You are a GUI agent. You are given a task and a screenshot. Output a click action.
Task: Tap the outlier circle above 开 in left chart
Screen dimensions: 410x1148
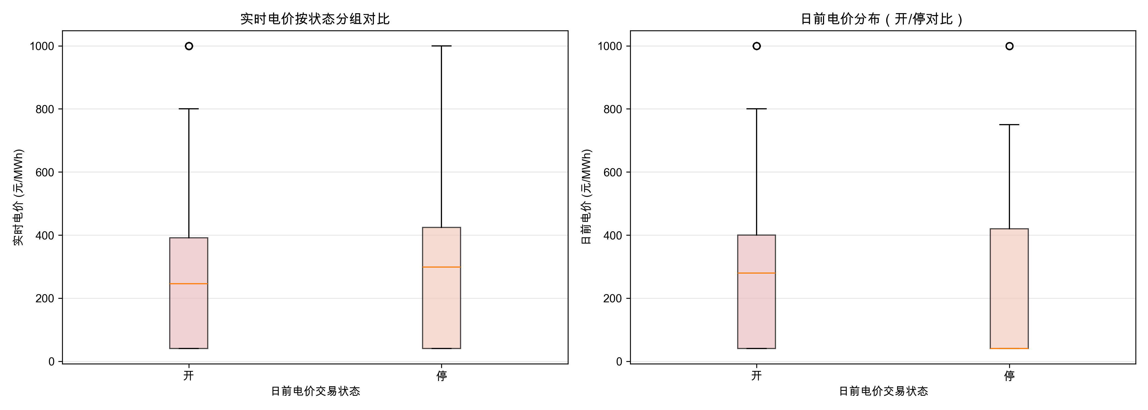(189, 46)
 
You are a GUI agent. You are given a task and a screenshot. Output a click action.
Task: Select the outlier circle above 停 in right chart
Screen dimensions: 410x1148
(1009, 46)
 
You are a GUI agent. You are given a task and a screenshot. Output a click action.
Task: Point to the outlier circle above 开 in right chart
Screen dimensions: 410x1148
(756, 46)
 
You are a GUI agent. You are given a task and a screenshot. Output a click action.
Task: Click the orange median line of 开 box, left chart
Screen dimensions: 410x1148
(189, 283)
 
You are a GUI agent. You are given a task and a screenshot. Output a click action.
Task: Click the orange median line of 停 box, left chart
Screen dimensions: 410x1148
(441, 267)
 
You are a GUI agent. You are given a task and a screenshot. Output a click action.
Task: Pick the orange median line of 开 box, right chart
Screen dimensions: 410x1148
(756, 273)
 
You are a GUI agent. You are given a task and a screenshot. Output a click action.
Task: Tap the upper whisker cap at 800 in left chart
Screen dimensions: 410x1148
(189, 109)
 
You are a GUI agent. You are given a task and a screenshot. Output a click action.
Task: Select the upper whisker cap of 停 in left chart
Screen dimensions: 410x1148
(441, 46)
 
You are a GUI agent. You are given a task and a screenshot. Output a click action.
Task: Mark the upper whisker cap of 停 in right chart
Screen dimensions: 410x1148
(1009, 125)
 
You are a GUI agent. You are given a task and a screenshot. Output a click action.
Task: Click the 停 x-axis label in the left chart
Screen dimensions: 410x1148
(441, 376)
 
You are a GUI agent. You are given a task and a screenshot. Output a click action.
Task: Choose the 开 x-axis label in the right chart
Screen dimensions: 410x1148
(756, 376)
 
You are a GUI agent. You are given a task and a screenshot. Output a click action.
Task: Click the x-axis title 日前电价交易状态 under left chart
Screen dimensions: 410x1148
(315, 391)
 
